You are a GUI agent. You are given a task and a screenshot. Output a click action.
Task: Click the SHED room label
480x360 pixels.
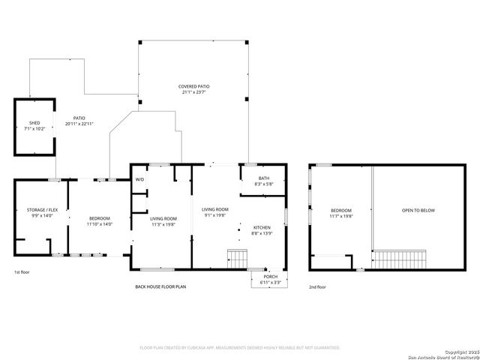34,123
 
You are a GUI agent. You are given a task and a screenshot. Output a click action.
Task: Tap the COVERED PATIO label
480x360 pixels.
193,86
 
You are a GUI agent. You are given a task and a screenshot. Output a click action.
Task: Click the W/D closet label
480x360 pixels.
139,180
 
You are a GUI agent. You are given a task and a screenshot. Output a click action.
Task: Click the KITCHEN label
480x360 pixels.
261,227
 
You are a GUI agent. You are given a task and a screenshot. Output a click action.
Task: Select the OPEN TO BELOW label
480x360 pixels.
418,211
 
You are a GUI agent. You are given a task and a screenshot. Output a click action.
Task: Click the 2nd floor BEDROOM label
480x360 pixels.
341,211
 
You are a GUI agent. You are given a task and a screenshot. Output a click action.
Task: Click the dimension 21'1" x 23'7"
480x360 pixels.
193,92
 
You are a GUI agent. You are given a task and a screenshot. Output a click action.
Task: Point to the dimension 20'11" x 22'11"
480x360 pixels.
79,124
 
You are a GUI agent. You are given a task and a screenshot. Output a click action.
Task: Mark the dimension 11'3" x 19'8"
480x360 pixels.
163,223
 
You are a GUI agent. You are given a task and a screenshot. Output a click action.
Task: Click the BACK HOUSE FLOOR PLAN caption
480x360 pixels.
162,286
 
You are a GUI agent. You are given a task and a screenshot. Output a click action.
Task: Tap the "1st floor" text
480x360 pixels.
22,271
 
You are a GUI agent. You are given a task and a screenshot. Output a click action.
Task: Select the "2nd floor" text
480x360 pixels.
317,286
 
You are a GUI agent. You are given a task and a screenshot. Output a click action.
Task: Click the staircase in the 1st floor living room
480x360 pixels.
237,259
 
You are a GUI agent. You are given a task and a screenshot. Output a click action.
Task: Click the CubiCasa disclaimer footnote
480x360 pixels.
240,347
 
